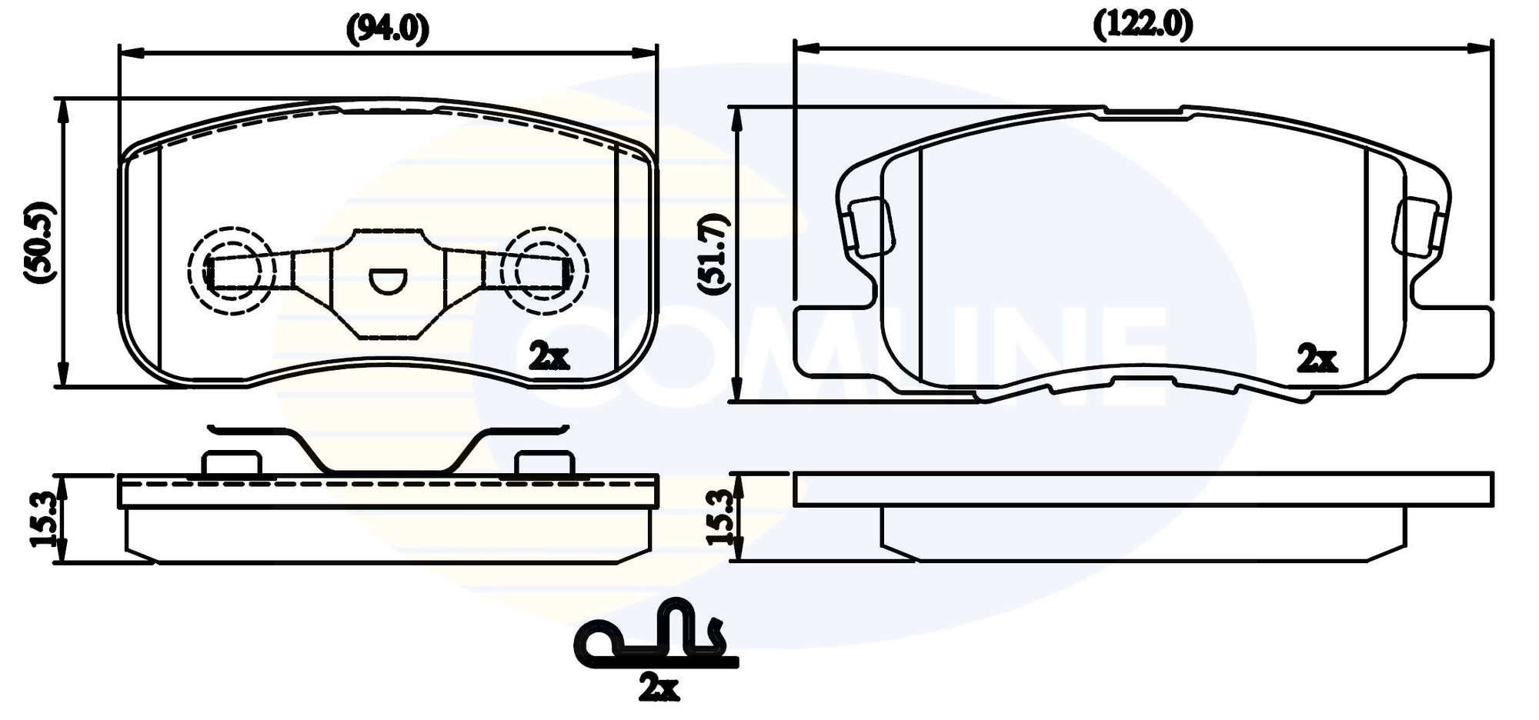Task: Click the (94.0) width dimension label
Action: coord(387,29)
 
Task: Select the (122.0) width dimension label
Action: coord(1143,25)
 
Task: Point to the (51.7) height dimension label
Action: coord(713,254)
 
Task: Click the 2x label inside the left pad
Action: coord(549,356)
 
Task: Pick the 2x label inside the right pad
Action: coord(1317,358)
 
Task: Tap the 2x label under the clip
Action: coord(659,687)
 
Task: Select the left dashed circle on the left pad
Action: coord(232,271)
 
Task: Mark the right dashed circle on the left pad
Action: coord(544,271)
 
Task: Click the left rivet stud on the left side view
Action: coord(232,464)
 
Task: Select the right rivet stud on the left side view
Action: coord(544,464)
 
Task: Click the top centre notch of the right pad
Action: coord(1145,113)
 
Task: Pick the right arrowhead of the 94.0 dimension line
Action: coord(644,52)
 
